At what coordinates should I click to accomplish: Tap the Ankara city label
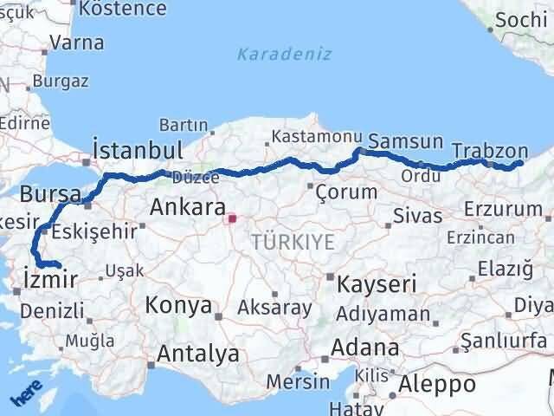[187, 207]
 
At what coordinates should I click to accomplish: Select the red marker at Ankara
[231, 219]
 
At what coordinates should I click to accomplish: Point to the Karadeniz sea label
[285, 54]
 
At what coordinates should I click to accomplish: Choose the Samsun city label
[405, 141]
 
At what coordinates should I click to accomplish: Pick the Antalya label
[198, 354]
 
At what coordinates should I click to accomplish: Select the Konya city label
[178, 305]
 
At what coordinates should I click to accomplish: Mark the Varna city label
[77, 42]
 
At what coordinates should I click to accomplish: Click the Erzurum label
[502, 209]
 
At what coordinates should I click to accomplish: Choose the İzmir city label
[51, 279]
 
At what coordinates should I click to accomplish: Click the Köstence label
[123, 9]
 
